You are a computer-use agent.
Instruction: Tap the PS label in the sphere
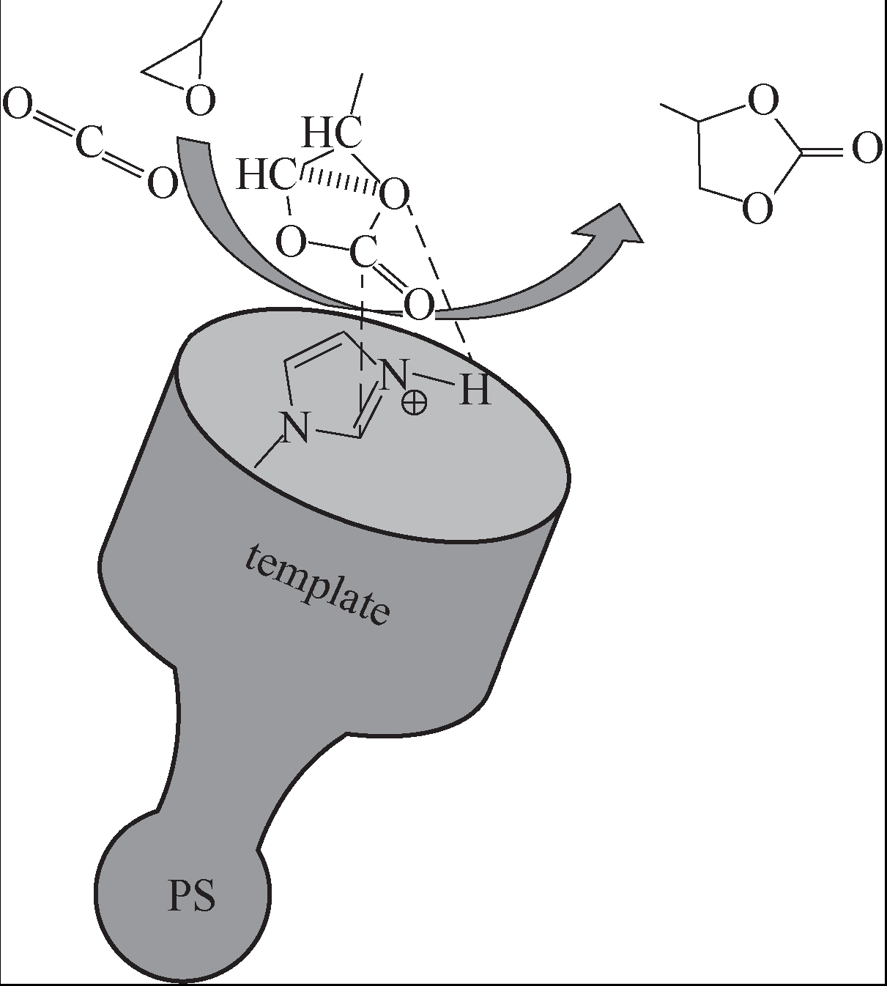pyautogui.click(x=192, y=896)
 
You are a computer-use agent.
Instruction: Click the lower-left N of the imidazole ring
pyautogui.click(x=294, y=428)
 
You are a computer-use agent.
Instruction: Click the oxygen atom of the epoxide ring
pyautogui.click(x=200, y=100)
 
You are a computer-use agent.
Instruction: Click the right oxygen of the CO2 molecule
pyautogui.click(x=162, y=182)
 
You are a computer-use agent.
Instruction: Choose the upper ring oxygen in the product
pyautogui.click(x=762, y=100)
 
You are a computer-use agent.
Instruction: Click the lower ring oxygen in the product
pyautogui.click(x=758, y=207)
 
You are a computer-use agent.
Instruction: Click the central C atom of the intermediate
pyautogui.click(x=363, y=252)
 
